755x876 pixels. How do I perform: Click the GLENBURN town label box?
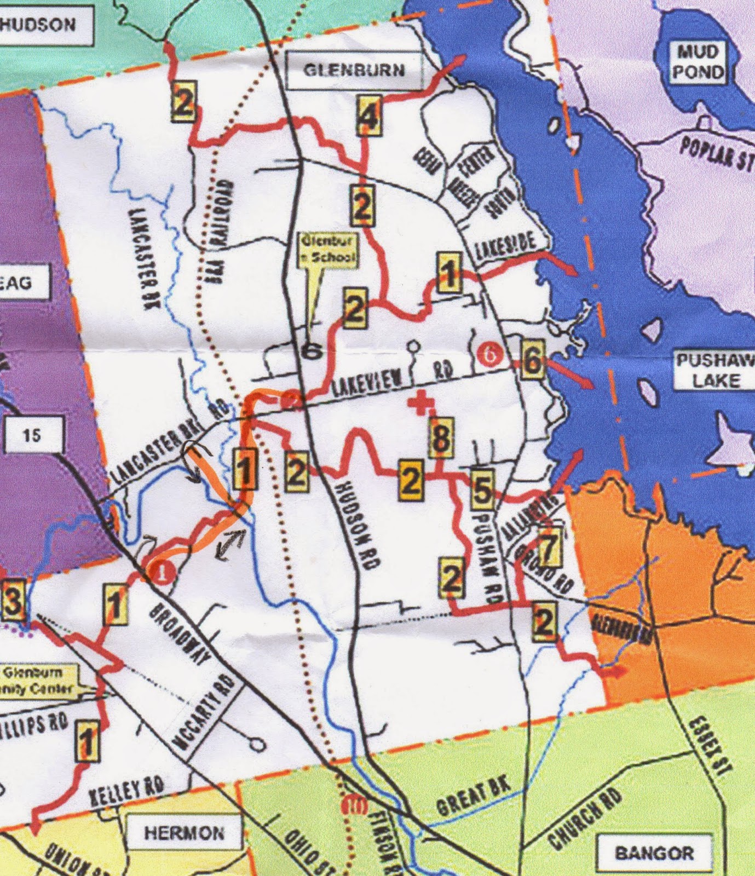355,71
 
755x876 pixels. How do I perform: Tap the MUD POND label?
698,62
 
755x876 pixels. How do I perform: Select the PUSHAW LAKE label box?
714,371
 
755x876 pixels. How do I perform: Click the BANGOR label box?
654,852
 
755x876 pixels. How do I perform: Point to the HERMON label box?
184,833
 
